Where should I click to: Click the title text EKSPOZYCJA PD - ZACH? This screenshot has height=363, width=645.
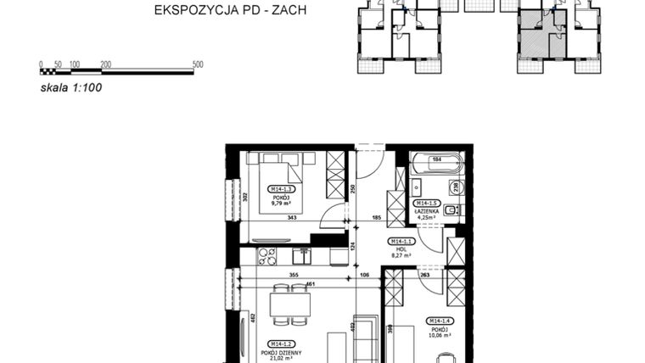click(229, 11)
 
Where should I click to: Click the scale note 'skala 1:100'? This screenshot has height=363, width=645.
click(71, 86)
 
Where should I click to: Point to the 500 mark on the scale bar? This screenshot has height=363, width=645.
click(198, 64)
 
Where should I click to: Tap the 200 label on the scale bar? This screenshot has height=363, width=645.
click(105, 64)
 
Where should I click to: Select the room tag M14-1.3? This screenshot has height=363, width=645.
click(281, 188)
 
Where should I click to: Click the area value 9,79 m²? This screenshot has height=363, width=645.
click(281, 204)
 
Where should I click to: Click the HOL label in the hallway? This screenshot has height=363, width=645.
click(401, 249)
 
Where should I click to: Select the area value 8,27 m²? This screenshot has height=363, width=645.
click(401, 255)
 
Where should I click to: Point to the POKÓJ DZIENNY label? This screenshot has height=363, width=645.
click(281, 352)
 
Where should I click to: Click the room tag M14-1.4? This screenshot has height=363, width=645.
click(440, 320)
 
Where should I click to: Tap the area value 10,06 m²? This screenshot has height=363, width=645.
click(440, 335)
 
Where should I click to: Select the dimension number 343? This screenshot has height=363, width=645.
click(292, 218)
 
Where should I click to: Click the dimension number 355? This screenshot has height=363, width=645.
click(292, 275)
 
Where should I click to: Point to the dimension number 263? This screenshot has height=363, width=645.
click(424, 275)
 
